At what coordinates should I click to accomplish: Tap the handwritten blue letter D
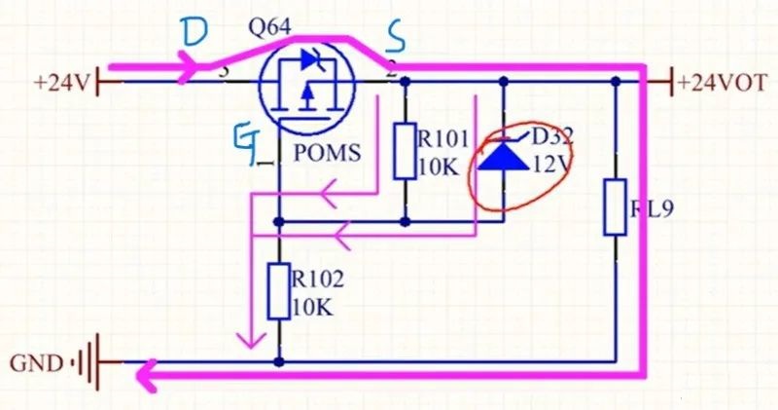point(194,35)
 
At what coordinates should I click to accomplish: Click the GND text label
point(36,364)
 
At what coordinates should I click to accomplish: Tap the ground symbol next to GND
point(88,364)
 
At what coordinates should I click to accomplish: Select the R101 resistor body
point(406,151)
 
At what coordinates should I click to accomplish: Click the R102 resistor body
point(279,291)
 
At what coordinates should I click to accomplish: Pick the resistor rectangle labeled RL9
point(615,206)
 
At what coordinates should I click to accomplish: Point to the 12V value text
point(550,166)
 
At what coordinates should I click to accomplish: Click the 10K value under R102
point(312,308)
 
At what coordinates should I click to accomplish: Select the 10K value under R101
point(437,168)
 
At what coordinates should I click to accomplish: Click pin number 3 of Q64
point(224,70)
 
